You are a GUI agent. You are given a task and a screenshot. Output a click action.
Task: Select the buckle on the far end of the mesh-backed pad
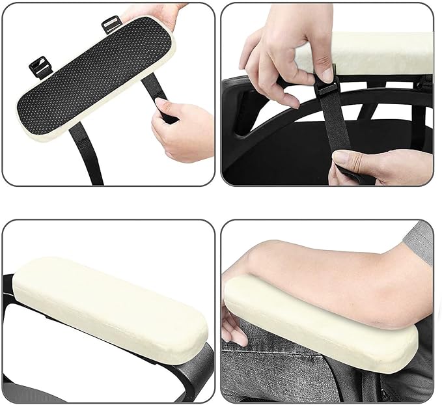click(42, 67)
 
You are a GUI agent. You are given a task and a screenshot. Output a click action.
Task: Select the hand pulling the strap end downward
click(378, 166)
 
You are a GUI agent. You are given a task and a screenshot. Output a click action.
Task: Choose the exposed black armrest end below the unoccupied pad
click(189, 368)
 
